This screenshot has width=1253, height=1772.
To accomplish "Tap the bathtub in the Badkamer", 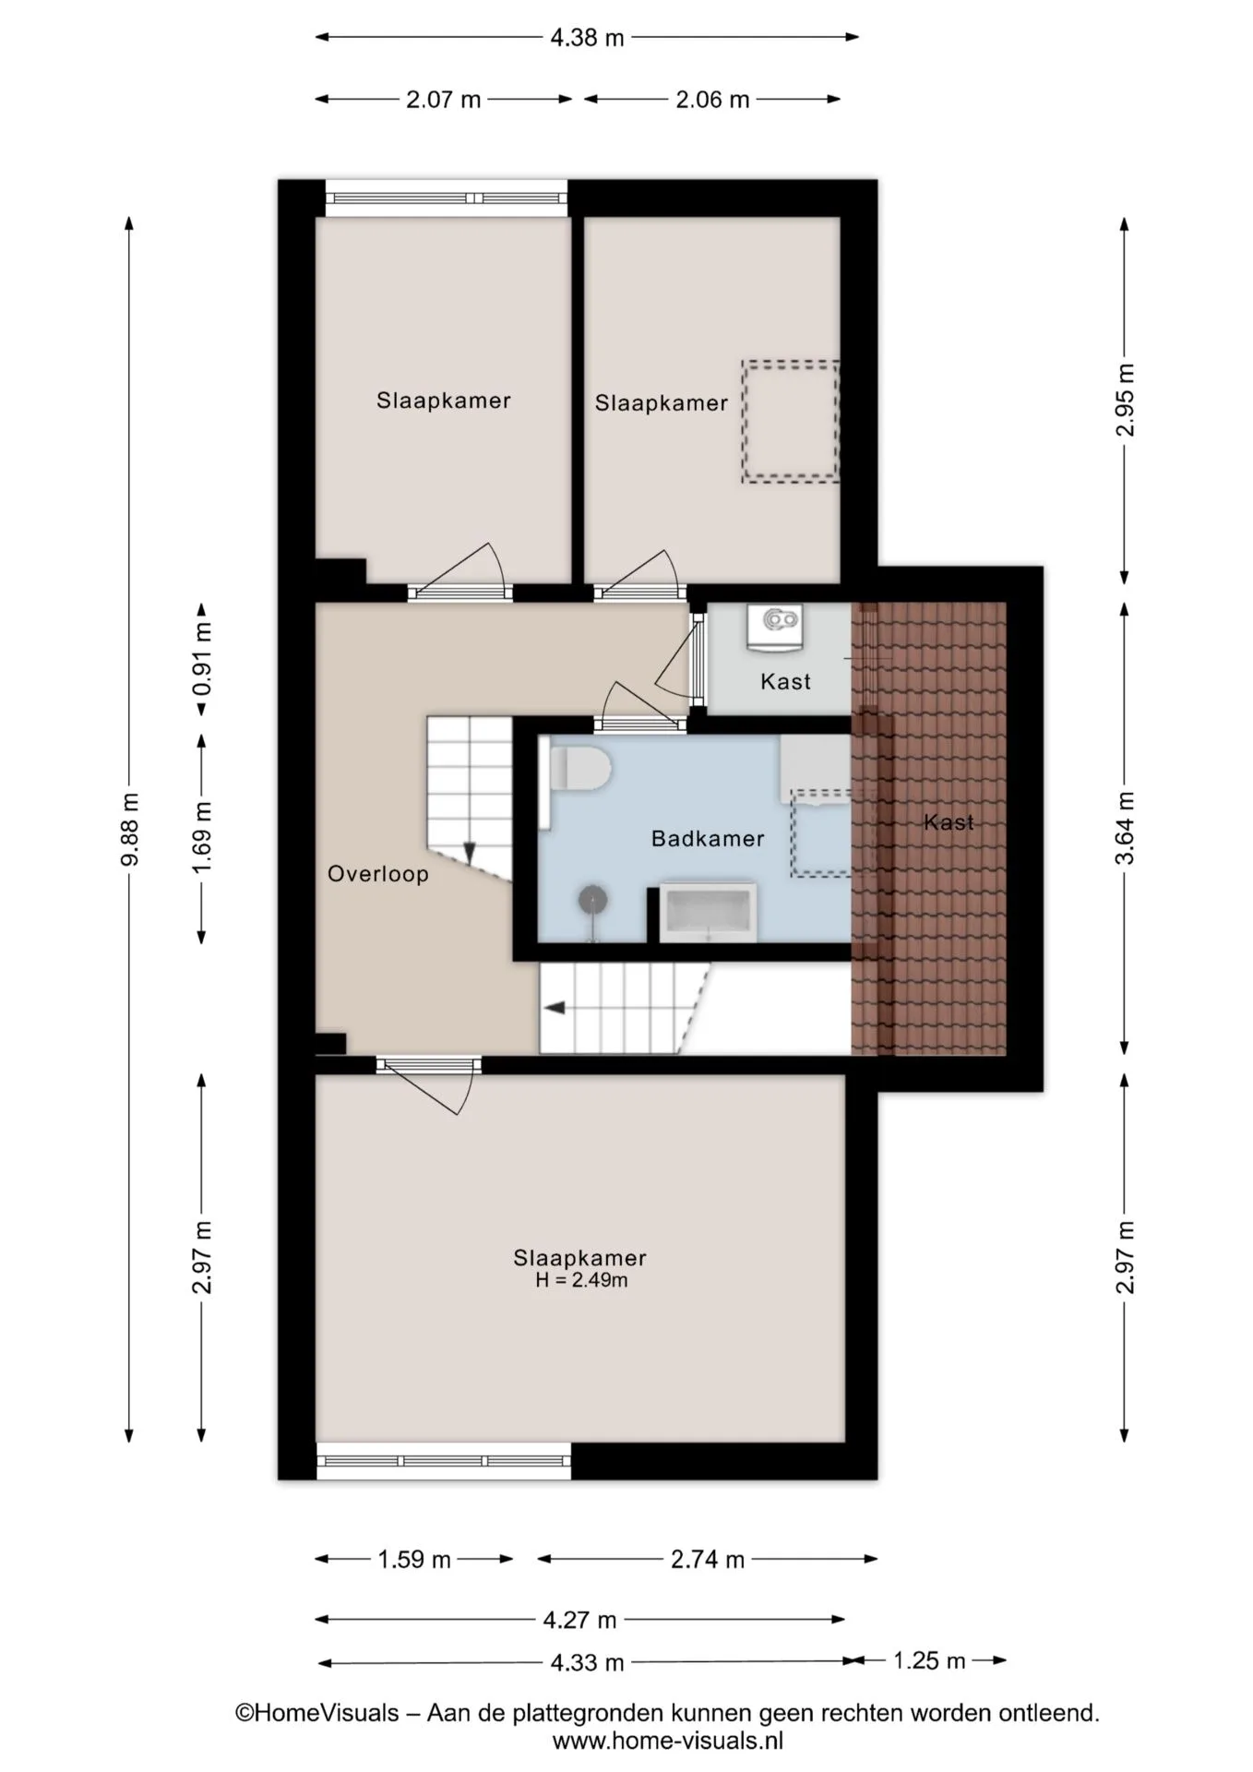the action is click(x=708, y=912).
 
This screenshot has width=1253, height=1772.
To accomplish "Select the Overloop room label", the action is click(x=378, y=874).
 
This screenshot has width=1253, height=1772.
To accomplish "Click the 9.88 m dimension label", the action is click(x=130, y=829).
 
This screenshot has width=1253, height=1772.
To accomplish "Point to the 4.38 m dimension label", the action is click(x=587, y=38).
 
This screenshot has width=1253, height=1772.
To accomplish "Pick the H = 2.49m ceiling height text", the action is click(x=581, y=1280).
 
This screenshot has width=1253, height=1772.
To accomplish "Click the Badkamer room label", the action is click(x=708, y=839).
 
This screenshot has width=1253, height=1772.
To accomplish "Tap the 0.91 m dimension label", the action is click(x=202, y=659).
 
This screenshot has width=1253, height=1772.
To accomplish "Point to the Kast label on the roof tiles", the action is click(x=949, y=821).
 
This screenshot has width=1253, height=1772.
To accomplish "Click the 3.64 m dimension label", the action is click(x=1125, y=828).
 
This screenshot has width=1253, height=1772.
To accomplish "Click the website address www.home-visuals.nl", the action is click(x=668, y=1741).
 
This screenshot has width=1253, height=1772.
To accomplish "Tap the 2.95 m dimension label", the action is click(x=1125, y=401).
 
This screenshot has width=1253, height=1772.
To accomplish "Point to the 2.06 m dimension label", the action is click(x=712, y=100).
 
